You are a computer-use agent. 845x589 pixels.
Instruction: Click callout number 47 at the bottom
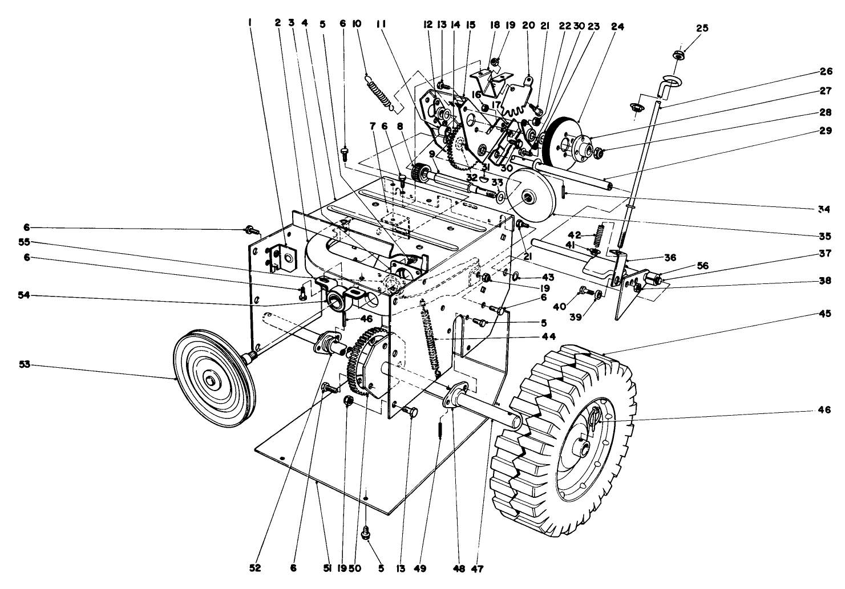tap(483, 568)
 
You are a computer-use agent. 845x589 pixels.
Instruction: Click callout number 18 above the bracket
tap(495, 25)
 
